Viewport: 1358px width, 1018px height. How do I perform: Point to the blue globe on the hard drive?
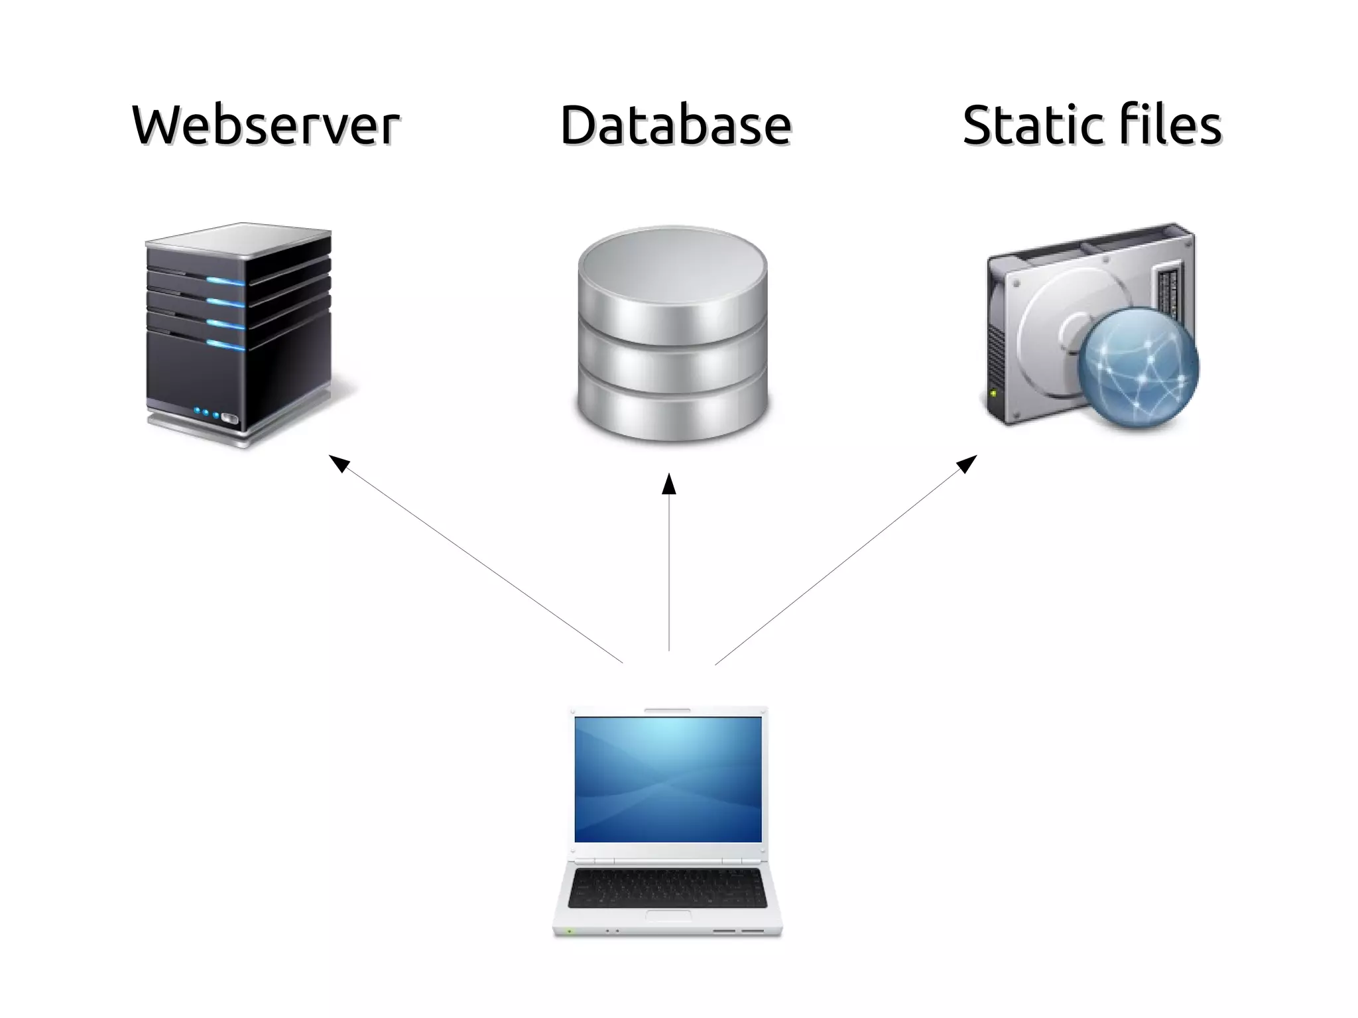(x=1138, y=368)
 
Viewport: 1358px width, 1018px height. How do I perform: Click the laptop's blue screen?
(x=668, y=779)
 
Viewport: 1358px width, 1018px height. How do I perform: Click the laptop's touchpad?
(x=668, y=916)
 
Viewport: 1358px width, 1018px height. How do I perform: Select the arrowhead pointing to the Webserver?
(x=338, y=463)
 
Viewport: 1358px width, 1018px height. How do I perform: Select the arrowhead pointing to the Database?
(x=669, y=483)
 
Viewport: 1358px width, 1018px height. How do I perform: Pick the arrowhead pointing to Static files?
(x=967, y=463)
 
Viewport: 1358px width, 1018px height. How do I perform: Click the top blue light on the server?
(x=225, y=281)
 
